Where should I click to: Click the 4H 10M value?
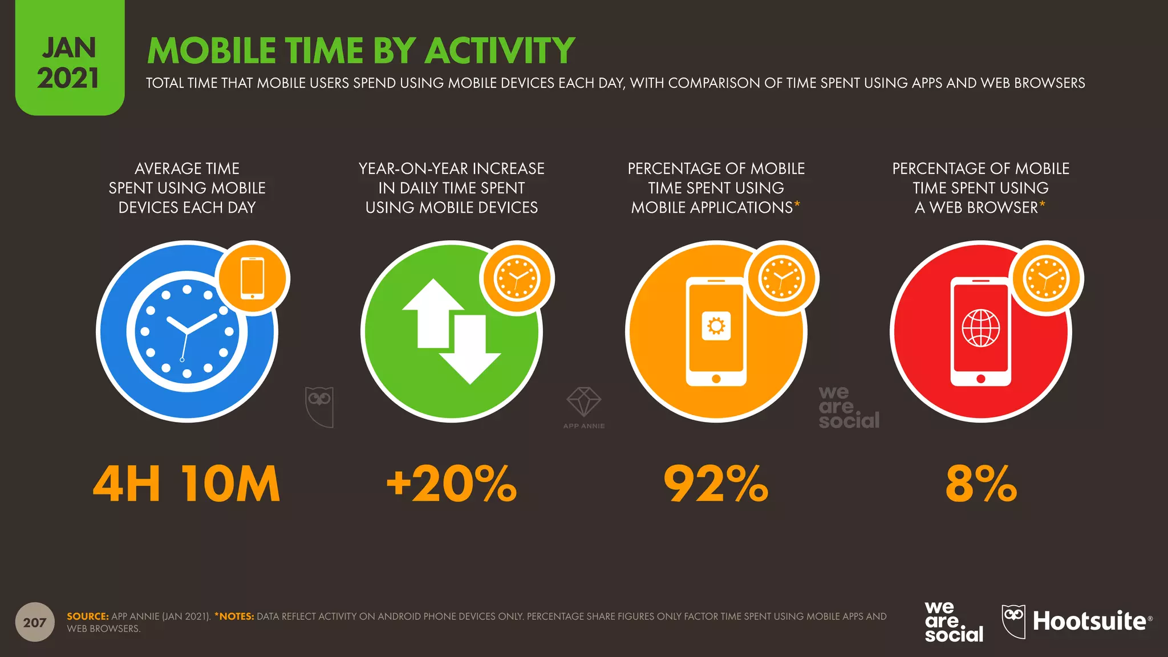pos(186,484)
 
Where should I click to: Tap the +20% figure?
pos(452,484)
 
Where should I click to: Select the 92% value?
pos(716,484)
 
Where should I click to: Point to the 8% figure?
pos(981,484)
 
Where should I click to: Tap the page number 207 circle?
pos(35,622)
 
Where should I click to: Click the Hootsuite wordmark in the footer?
pos(1089,621)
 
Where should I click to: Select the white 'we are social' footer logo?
pos(954,622)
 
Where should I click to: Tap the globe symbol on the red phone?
pos(981,328)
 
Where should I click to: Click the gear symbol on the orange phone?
pos(716,326)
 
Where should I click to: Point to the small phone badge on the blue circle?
pos(253,278)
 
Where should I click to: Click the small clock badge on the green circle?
pos(517,278)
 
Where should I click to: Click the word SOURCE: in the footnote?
pos(87,617)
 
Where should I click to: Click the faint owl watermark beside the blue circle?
pos(319,406)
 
